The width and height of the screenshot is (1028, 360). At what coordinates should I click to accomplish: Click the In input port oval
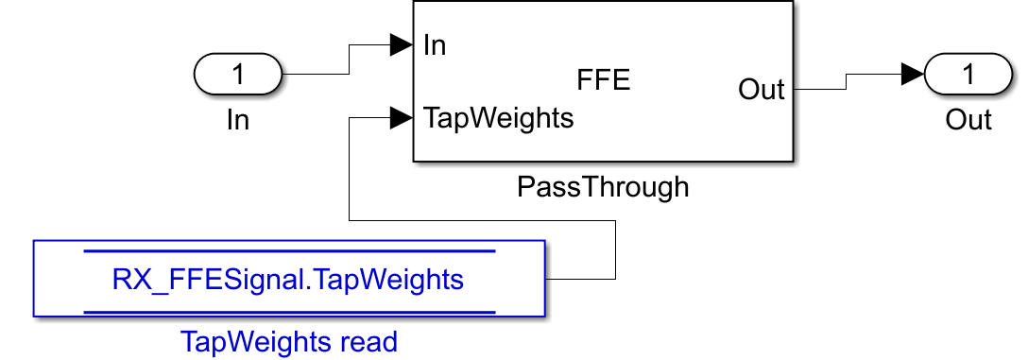pos(238,74)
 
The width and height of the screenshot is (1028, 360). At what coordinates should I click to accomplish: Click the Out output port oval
pos(968,74)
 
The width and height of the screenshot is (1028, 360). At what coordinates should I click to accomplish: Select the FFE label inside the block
pos(603,80)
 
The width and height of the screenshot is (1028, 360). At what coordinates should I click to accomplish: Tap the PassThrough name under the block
pos(603,187)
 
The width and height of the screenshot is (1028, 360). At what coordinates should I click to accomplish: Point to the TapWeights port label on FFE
pos(498,119)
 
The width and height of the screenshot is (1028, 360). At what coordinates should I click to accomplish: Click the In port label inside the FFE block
pos(435,45)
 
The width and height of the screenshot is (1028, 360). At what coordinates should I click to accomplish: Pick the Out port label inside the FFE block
pos(762,89)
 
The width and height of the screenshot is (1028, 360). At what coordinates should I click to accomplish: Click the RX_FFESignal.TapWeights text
pos(288,280)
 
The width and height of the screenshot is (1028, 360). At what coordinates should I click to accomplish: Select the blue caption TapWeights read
pos(288,342)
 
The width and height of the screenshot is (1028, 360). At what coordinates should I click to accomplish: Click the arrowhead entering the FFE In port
pos(402,45)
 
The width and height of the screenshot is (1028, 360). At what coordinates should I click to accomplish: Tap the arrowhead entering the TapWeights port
pos(402,119)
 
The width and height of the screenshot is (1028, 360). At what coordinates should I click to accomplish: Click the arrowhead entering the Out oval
pos(913,74)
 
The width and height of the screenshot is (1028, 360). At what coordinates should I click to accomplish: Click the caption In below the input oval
pos(238,121)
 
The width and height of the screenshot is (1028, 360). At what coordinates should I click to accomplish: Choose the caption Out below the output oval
pos(968,121)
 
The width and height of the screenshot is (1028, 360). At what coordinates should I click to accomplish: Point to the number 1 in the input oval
pos(238,74)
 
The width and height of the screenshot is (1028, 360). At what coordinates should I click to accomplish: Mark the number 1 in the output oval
pos(968,74)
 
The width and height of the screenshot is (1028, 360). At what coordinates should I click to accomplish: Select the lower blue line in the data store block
pos(289,312)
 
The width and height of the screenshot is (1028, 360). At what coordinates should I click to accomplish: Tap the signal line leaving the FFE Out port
pos(846,81)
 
